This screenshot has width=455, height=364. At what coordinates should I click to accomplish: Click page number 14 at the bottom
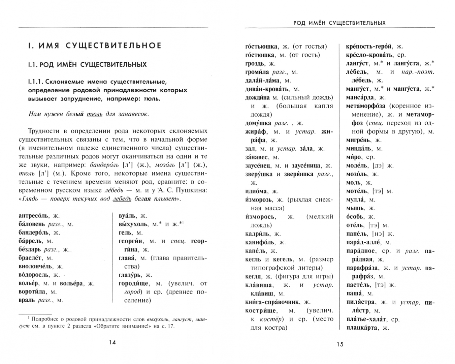pyautogui.click(x=112, y=342)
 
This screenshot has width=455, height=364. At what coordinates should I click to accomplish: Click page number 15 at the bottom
pyautogui.click(x=340, y=344)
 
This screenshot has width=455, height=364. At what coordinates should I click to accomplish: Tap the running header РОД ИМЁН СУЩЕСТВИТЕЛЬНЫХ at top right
pyautogui.click(x=339, y=23)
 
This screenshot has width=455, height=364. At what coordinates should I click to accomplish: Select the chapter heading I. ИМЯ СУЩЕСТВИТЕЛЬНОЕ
pyautogui.click(x=95, y=45)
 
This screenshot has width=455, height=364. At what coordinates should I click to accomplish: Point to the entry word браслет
pyautogui.click(x=30, y=258)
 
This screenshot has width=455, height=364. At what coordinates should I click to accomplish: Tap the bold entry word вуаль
pyautogui.click(x=128, y=216)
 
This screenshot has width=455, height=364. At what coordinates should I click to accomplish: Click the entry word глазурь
pyautogui.click(x=131, y=275)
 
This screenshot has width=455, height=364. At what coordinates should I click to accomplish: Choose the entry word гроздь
pyautogui.click(x=255, y=63)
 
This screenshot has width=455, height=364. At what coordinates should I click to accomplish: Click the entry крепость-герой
pyautogui.click(x=369, y=47)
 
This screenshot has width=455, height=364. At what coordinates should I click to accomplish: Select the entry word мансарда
pyautogui.click(x=360, y=97)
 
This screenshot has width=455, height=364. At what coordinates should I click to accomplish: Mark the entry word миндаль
pyautogui.click(x=359, y=148)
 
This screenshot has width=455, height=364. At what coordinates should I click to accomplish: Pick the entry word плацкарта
pyautogui.click(x=362, y=328)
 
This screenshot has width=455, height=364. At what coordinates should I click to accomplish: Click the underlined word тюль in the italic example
pyautogui.click(x=95, y=114)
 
